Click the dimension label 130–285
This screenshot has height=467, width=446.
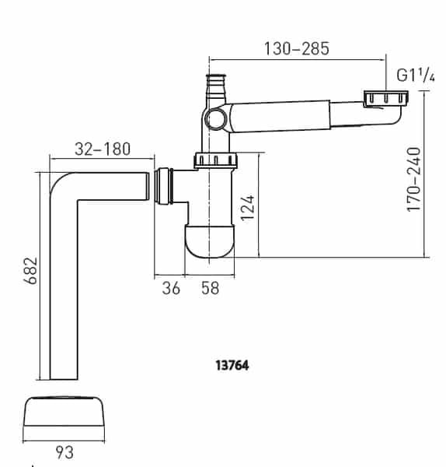point(297,48)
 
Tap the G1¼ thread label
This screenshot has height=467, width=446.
point(415,76)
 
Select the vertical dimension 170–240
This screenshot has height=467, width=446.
point(415,179)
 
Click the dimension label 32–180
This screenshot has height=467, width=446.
point(102,149)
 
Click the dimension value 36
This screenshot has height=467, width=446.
point(172,288)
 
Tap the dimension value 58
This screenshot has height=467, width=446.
point(210,288)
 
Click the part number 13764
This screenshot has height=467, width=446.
point(232,363)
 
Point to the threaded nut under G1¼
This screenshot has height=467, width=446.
point(385,98)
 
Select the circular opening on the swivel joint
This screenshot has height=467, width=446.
point(214,119)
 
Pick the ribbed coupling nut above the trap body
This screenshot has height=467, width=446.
point(217,160)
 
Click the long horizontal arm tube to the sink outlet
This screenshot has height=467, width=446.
point(295,115)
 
